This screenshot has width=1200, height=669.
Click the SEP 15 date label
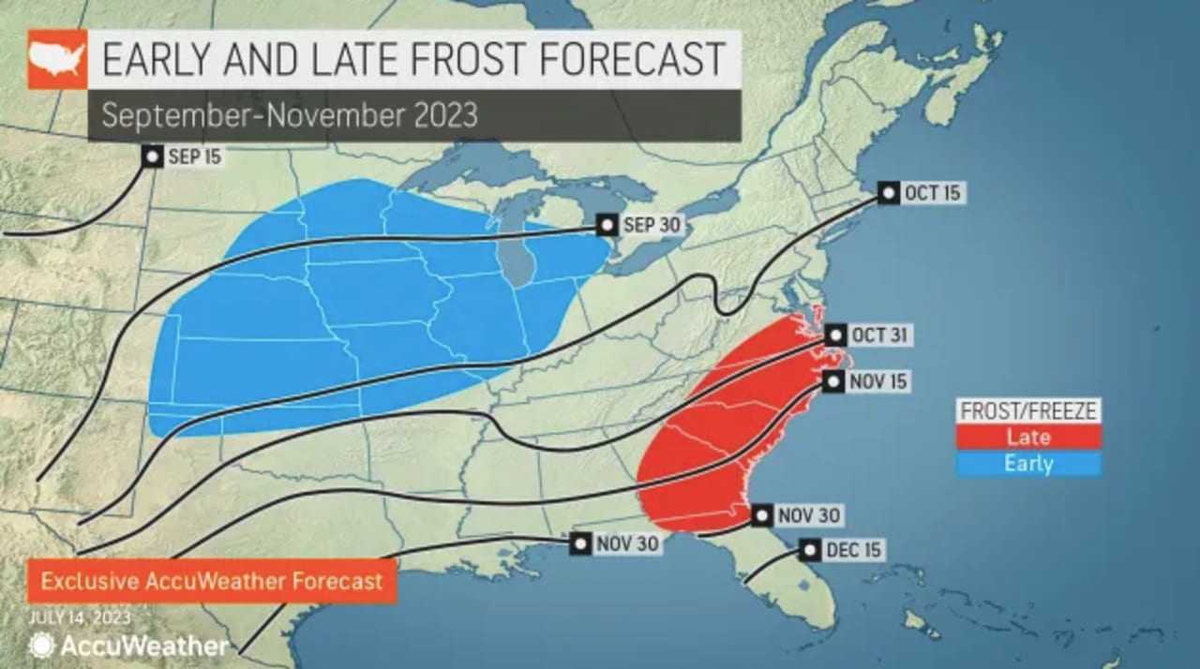click(195, 156)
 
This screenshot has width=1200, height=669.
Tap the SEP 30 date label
click(652, 225)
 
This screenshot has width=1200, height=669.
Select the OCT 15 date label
click(932, 193)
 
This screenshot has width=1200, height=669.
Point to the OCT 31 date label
click(878, 335)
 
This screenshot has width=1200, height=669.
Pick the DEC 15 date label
click(854, 550)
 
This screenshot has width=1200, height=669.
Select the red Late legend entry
click(1028, 436)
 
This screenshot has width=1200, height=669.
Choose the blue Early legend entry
click(1028, 463)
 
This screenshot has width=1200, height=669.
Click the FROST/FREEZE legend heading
click(1028, 410)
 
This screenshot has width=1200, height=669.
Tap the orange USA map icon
click(57, 59)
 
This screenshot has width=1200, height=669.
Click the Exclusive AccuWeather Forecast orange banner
click(212, 581)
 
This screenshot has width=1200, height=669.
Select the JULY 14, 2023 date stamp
click(80, 618)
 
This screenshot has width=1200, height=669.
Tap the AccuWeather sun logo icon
click(41, 646)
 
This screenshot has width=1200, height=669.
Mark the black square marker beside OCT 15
click(889, 193)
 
